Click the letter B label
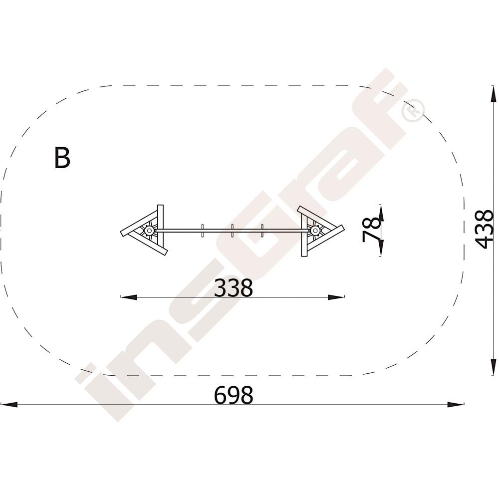pos(62,158)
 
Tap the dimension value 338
pos(233,288)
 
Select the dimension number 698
pos(233,395)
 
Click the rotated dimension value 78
pos(372,230)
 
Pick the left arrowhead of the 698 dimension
pos(9,405)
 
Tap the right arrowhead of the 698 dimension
pos(456,405)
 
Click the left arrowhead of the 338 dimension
pos(129,297)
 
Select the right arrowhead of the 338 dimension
pos(336,297)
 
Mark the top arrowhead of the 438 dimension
pos(493,94)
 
